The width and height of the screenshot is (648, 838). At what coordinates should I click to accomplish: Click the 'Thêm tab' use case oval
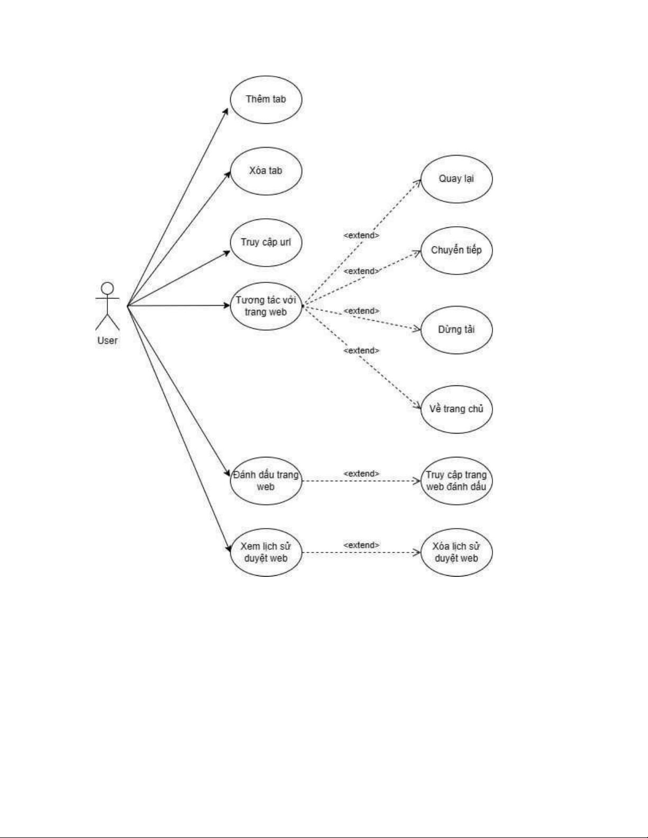point(266,99)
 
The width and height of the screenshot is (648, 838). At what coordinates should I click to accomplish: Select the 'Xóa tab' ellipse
point(266,171)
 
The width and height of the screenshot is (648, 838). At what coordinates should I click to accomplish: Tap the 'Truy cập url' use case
point(266,242)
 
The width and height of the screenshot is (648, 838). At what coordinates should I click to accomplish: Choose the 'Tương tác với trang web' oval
point(266,306)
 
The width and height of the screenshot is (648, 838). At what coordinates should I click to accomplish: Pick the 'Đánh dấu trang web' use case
point(266,481)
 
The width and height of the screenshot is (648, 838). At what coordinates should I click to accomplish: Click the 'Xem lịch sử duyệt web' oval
point(266,552)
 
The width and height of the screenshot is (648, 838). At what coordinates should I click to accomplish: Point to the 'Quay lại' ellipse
point(456,179)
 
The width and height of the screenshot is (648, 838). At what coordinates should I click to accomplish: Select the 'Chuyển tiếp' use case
point(456,250)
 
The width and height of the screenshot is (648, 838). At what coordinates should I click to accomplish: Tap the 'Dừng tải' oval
point(456,329)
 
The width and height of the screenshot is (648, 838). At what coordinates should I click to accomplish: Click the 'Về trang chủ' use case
point(456,409)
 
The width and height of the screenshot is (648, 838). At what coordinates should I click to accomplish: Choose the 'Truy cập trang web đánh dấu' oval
point(456,481)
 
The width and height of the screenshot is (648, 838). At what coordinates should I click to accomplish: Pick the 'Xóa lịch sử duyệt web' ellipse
point(456,552)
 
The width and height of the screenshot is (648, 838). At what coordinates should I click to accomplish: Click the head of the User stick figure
point(107,289)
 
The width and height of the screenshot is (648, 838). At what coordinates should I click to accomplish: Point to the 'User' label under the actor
point(107,340)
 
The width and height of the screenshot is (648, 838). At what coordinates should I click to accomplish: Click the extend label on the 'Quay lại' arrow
point(361,235)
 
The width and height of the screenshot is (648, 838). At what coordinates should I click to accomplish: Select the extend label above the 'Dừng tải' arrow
point(361,311)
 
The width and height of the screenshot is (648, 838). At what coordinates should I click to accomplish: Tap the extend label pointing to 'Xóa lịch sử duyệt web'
point(361,545)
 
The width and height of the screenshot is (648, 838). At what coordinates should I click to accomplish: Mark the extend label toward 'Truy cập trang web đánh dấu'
point(361,474)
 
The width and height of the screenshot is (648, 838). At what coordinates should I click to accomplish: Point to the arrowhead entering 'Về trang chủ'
point(418,407)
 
